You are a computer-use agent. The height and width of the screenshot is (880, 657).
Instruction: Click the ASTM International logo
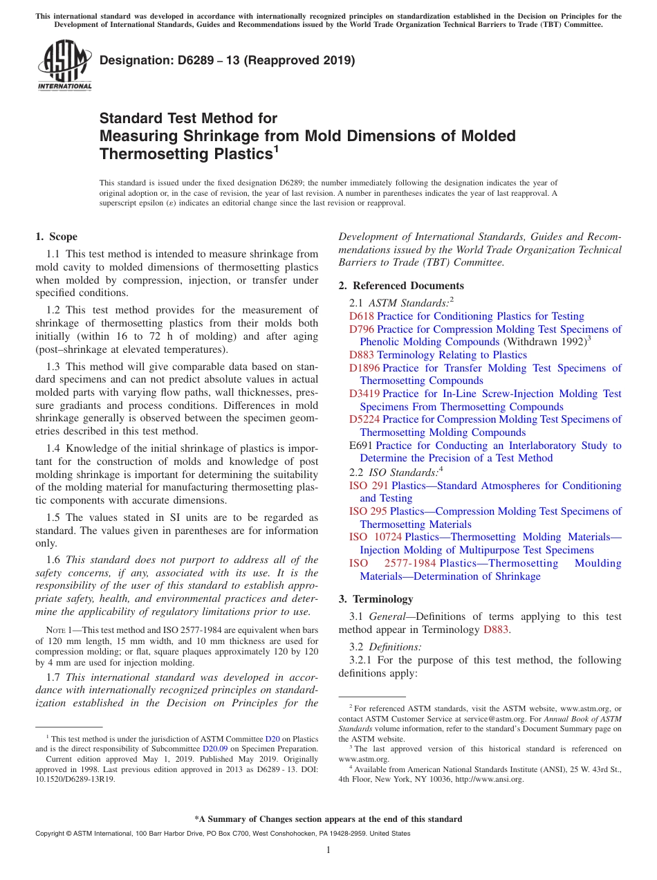tap(64, 66)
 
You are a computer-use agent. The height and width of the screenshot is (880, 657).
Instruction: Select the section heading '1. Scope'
tap(57, 237)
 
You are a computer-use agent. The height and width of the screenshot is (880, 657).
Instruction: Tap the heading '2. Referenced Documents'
tap(401, 286)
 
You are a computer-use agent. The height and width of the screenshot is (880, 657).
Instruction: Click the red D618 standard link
tap(361, 316)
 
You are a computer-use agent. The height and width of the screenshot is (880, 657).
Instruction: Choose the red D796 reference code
tap(362, 329)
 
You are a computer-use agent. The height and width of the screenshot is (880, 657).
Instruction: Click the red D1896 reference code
tap(364, 368)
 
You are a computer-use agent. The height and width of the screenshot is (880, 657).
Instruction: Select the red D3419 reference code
tap(364, 394)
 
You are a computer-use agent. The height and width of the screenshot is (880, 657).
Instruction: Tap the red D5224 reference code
tap(364, 419)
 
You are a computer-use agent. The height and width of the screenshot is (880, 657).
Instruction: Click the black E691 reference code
tap(361, 446)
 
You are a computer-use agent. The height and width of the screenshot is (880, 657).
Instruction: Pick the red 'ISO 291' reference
tap(369, 486)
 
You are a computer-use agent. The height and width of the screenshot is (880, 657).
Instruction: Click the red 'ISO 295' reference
tap(368, 511)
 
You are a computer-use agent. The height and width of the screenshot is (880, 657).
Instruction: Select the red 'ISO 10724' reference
tap(376, 537)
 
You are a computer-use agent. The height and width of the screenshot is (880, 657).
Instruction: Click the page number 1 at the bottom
tap(328, 850)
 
